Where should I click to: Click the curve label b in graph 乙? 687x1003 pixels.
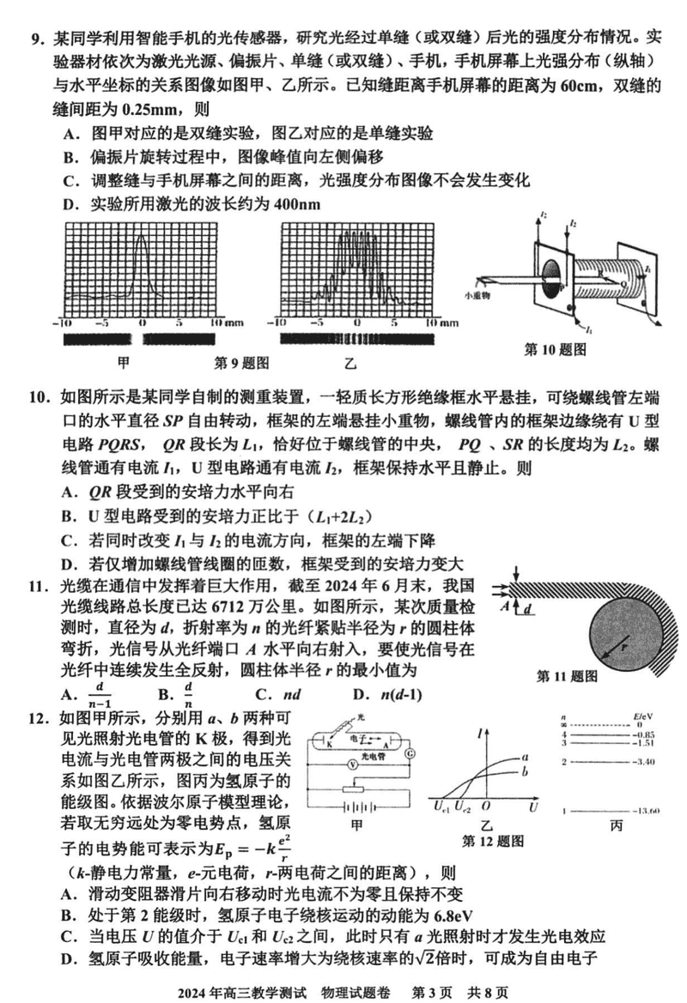(x=524, y=774)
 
